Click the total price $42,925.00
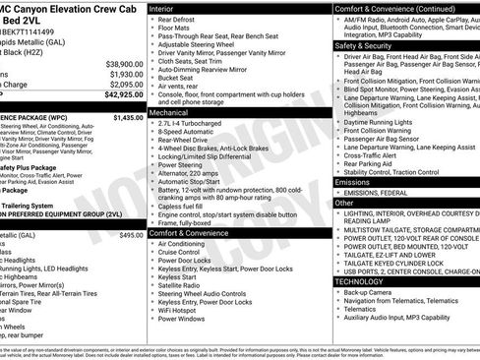click(120, 96)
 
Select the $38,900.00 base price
click(121, 64)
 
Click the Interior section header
click(163, 8)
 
